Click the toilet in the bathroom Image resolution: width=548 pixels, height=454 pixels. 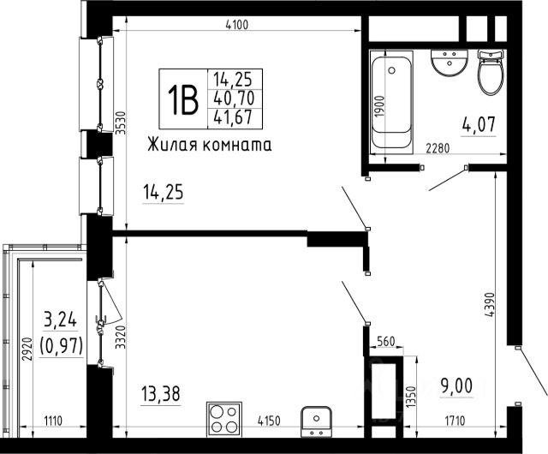(x=491, y=72)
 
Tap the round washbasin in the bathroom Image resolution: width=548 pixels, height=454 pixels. (x=449, y=63)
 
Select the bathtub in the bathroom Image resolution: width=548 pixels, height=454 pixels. (x=391, y=102)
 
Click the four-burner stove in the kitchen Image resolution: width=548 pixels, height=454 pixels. (x=224, y=419)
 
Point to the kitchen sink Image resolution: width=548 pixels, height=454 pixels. (x=316, y=421)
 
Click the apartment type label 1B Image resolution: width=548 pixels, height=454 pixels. (x=182, y=99)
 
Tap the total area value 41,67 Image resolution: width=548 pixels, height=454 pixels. (x=233, y=117)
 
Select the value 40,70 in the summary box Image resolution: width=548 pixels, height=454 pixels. (x=234, y=99)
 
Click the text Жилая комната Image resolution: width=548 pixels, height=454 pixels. (x=209, y=145)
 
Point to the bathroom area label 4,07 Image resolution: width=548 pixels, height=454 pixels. (x=479, y=124)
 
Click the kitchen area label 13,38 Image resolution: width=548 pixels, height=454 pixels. (x=161, y=393)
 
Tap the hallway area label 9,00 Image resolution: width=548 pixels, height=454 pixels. (x=456, y=385)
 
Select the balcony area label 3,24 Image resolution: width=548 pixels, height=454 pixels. (x=61, y=320)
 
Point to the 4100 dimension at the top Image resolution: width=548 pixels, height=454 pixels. (x=237, y=25)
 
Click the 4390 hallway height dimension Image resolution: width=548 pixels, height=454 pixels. (x=490, y=305)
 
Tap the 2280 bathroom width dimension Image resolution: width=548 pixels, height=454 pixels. (x=438, y=148)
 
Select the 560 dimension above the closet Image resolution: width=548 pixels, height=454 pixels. (x=386, y=341)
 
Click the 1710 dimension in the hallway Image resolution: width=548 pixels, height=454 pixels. (x=455, y=421)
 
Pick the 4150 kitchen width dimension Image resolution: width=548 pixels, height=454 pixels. (x=269, y=421)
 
